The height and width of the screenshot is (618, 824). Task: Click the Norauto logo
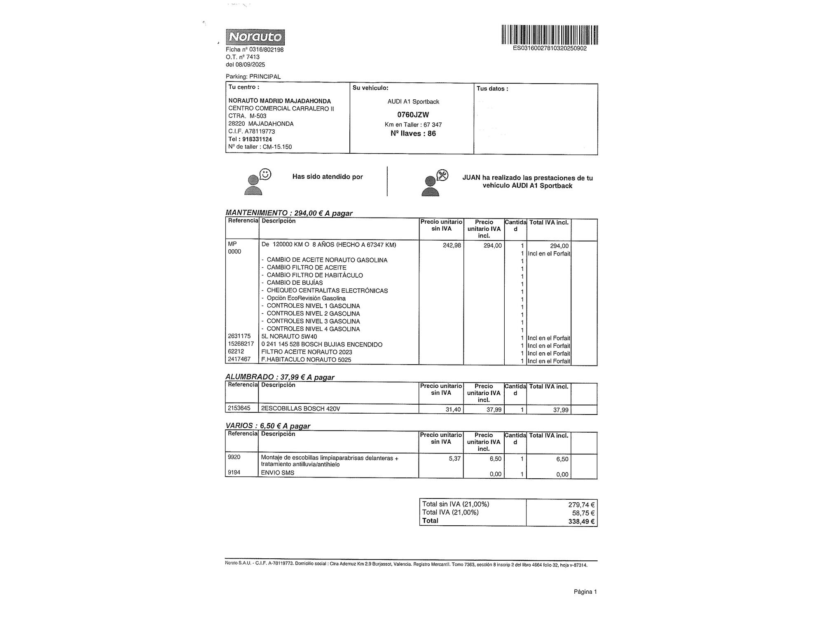255,37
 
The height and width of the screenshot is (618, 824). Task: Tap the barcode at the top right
550,35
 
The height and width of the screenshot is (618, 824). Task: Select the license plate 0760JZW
413,115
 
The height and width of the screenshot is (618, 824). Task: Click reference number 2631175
239,336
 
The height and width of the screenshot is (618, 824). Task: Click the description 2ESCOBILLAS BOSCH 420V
300,409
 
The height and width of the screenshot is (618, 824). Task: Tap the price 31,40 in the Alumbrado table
453,410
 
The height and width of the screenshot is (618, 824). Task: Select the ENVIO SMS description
278,473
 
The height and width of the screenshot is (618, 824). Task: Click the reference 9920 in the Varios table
234,457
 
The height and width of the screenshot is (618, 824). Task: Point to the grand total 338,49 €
581,522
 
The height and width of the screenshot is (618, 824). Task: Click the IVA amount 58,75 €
583,513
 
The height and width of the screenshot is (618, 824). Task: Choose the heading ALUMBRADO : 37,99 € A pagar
280,377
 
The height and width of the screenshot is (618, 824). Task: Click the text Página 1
585,592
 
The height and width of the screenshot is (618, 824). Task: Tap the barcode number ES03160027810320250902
550,48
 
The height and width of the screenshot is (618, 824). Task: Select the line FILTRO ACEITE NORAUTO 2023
307,352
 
